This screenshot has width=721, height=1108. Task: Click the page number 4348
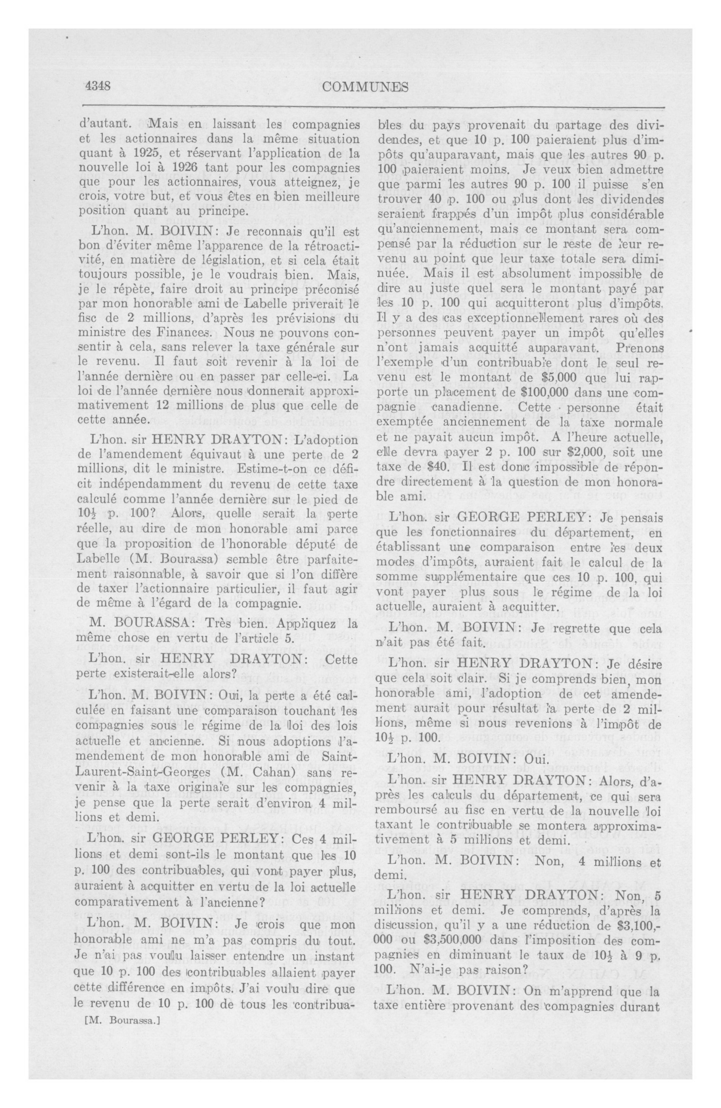tap(97, 86)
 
